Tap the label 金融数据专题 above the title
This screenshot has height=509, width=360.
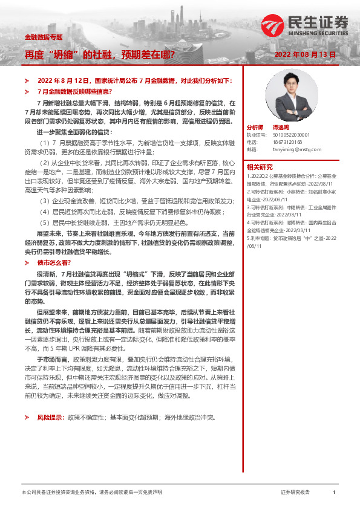pyautogui.click(x=44, y=37)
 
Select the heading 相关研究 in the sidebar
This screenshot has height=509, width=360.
pyautogui.click(x=260, y=166)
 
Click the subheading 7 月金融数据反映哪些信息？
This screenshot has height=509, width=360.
pyautogui.click(x=73, y=91)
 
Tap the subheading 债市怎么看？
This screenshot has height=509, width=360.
pyautogui.click(x=54, y=263)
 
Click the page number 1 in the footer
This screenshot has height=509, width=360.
pyautogui.click(x=333, y=493)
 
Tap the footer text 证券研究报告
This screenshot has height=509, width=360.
pyautogui.click(x=295, y=493)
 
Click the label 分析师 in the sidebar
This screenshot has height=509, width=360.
pyautogui.click(x=255, y=128)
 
